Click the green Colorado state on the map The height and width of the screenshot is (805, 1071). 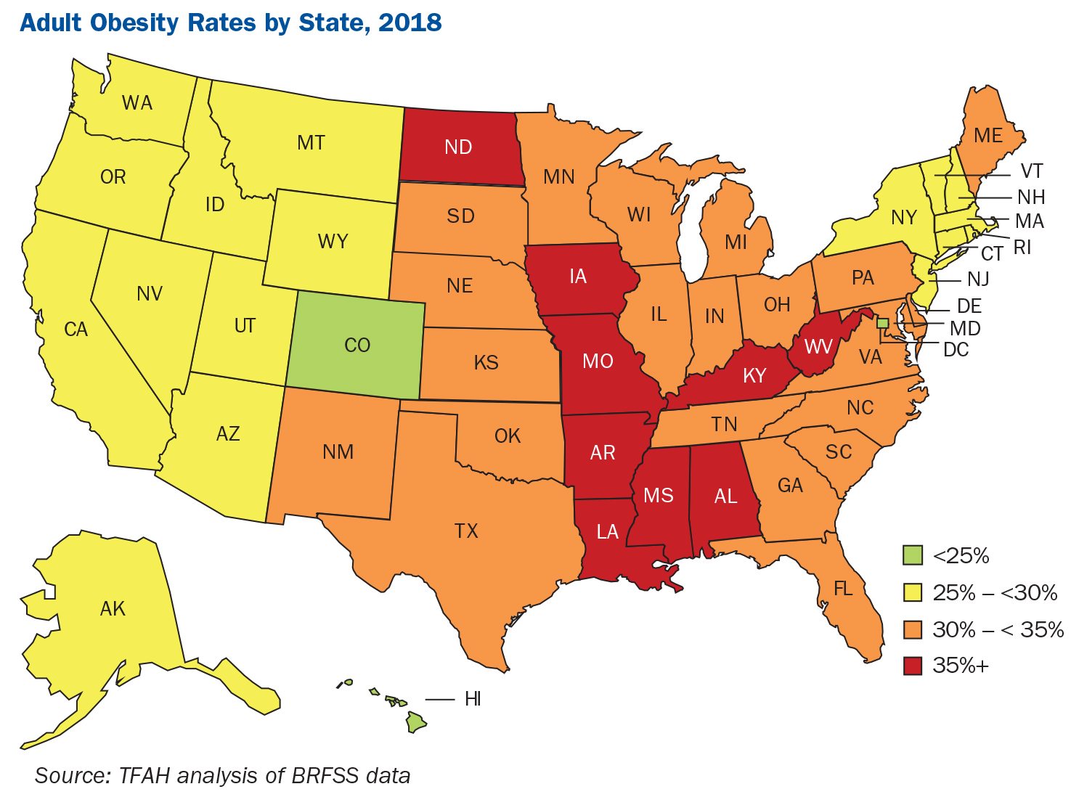tap(356, 345)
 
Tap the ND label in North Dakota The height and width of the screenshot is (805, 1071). tap(458, 147)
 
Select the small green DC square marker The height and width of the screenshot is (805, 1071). tap(883, 323)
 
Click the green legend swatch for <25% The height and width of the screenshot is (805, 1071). tap(912, 556)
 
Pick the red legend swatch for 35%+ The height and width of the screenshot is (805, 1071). tap(912, 666)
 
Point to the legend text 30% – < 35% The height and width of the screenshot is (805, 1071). tap(998, 629)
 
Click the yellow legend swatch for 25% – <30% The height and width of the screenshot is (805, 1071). tap(912, 592)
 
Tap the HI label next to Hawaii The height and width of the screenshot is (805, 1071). tap(473, 699)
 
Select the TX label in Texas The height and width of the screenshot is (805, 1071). tap(466, 531)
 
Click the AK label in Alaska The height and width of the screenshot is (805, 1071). tap(113, 608)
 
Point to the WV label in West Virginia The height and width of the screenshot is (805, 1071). tap(818, 347)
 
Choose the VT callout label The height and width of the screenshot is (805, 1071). tap(1031, 171)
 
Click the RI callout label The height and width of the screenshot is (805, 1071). tap(1022, 248)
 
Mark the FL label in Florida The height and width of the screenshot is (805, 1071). tap(843, 589)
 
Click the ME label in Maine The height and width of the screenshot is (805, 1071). tap(987, 135)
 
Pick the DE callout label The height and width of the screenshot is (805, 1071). tap(969, 306)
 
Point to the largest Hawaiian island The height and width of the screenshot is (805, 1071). tap(415, 722)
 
